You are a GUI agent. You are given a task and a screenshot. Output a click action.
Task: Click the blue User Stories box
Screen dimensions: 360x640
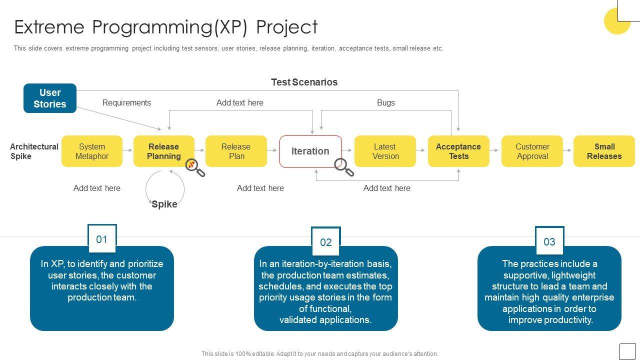tap(50, 98)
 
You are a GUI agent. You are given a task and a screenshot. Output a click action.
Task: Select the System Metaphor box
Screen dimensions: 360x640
tap(92, 151)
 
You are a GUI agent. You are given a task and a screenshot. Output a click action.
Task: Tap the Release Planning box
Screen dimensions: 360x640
tap(163, 151)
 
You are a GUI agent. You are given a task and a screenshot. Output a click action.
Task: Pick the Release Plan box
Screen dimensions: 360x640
tap(235, 151)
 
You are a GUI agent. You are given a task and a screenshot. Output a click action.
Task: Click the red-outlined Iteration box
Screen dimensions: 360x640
tap(310, 151)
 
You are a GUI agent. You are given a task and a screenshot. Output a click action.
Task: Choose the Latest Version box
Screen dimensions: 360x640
tap(385, 151)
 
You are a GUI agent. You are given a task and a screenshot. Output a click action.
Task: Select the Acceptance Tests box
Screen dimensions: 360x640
tap(458, 151)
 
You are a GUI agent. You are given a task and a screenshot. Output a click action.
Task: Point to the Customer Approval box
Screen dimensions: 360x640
tap(532, 151)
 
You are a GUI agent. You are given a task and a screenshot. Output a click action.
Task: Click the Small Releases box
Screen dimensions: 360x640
tap(604, 151)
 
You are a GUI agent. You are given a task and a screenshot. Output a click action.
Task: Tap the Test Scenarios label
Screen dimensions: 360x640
tap(304, 82)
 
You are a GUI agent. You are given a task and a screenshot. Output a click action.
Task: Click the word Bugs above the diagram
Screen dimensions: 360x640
tap(385, 102)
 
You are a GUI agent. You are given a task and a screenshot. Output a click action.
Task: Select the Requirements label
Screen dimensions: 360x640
tap(126, 102)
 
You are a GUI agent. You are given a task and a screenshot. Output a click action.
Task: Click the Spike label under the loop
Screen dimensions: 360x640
tap(164, 204)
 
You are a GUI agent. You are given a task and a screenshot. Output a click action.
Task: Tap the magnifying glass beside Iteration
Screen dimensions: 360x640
tap(343, 167)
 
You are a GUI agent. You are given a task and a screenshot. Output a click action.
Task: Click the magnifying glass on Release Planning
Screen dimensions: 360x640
tap(194, 167)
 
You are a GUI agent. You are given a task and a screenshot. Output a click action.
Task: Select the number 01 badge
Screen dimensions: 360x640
tap(102, 239)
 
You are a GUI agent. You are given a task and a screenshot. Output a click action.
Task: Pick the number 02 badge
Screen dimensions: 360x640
tap(326, 242)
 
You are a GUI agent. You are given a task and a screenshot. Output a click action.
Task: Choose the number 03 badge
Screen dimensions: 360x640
tap(549, 241)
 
